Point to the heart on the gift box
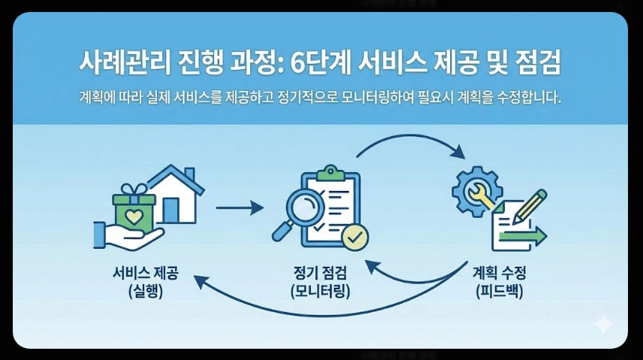pyautogui.click(x=133, y=216)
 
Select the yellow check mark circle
pyautogui.click(x=355, y=237)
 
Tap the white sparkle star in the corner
pyautogui.click(x=602, y=325)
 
